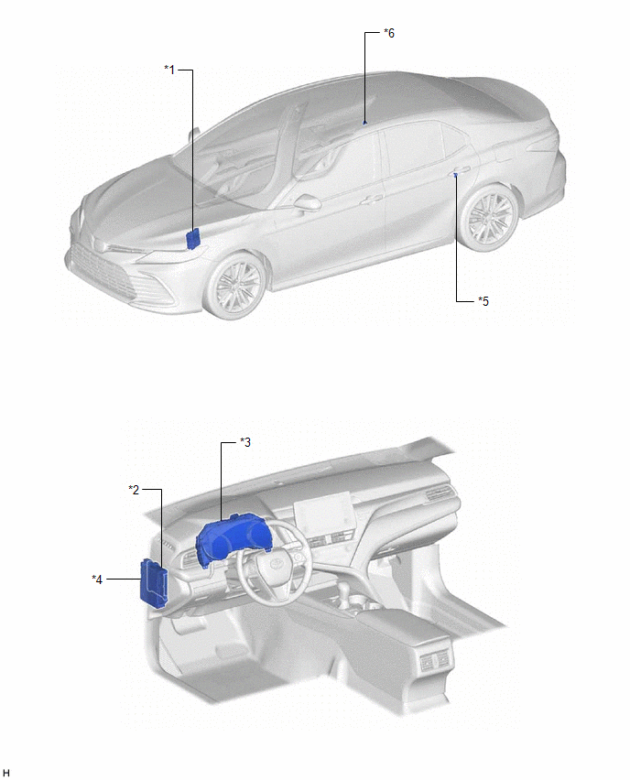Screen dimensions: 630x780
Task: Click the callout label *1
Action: pyautogui.click(x=169, y=70)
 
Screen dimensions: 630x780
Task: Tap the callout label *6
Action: pyautogui.click(x=389, y=33)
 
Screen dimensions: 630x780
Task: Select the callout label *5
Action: pyautogui.click(x=483, y=301)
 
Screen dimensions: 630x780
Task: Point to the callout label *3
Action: pyautogui.click(x=245, y=442)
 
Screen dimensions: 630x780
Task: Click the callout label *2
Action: pyautogui.click(x=134, y=490)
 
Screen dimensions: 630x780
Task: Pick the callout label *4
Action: pyautogui.click(x=97, y=579)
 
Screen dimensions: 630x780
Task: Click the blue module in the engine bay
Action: pyautogui.click(x=192, y=239)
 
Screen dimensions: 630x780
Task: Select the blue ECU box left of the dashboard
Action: pyautogui.click(x=154, y=583)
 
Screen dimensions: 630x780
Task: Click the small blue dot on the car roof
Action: pyautogui.click(x=364, y=122)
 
